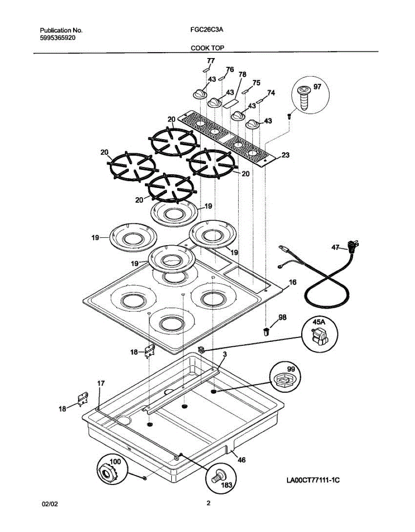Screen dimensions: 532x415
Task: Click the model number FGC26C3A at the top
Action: tap(205, 31)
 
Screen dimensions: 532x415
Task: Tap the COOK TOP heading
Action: tap(207, 47)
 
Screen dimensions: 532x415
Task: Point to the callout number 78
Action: tap(242, 75)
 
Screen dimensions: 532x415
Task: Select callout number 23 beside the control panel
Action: tap(286, 155)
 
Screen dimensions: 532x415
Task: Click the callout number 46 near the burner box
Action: tap(241, 460)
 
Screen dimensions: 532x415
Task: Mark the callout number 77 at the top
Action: tap(211, 61)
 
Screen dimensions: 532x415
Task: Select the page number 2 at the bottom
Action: tap(208, 503)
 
